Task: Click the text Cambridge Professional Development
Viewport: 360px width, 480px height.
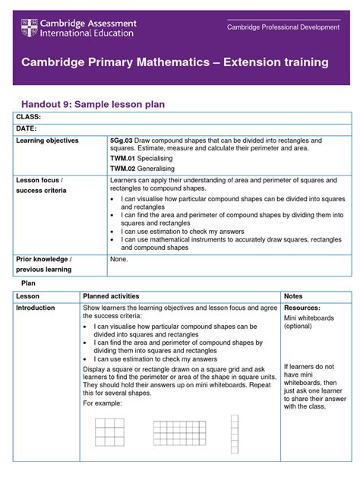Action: click(283, 27)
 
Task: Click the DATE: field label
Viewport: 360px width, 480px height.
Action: click(27, 129)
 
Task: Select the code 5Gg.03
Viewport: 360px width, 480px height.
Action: click(121, 141)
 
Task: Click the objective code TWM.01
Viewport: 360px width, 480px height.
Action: click(123, 158)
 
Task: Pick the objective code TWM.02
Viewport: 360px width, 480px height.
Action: click(123, 169)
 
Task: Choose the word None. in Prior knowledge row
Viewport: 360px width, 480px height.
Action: click(119, 259)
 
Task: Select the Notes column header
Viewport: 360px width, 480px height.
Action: click(294, 295)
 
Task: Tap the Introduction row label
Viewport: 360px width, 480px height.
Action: click(36, 308)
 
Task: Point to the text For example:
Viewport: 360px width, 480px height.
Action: click(101, 404)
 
